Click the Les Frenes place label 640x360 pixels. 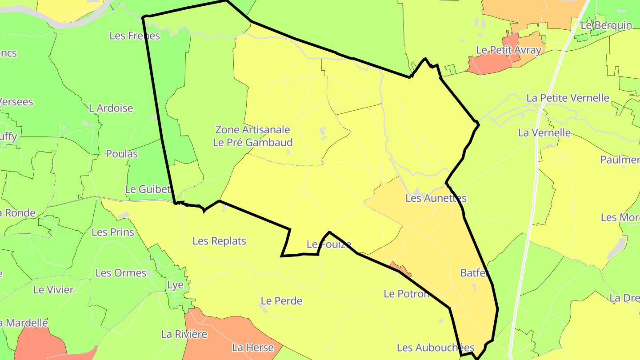click(134, 36)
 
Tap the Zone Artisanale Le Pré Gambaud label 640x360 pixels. click(253, 136)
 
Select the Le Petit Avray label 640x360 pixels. click(508, 50)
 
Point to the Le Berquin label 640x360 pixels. click(606, 25)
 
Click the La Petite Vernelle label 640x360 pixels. click(568, 98)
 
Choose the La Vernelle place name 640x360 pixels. click(544, 132)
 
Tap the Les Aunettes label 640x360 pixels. click(436, 198)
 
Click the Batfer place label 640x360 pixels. click(475, 273)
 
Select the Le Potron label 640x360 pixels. click(407, 294)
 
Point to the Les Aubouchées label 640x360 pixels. click(436, 348)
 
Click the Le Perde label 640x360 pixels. click(281, 301)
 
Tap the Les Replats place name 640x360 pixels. click(219, 241)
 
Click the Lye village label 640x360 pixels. click(175, 285)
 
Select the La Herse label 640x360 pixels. click(253, 348)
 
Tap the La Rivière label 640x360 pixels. click(184, 334)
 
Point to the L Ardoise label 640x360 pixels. click(111, 108)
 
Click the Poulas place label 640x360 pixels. click(121, 154)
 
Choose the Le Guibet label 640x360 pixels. click(148, 189)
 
